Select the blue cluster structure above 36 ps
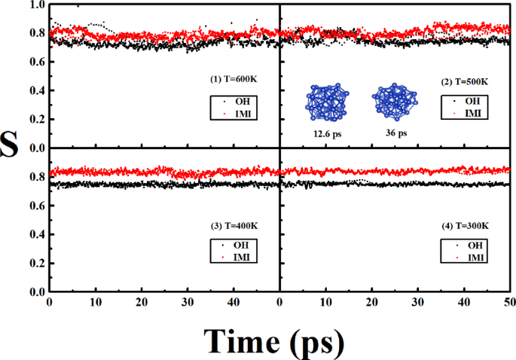point(393,102)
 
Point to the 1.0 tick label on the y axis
point(35,5)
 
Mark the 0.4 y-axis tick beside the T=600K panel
point(35,91)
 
